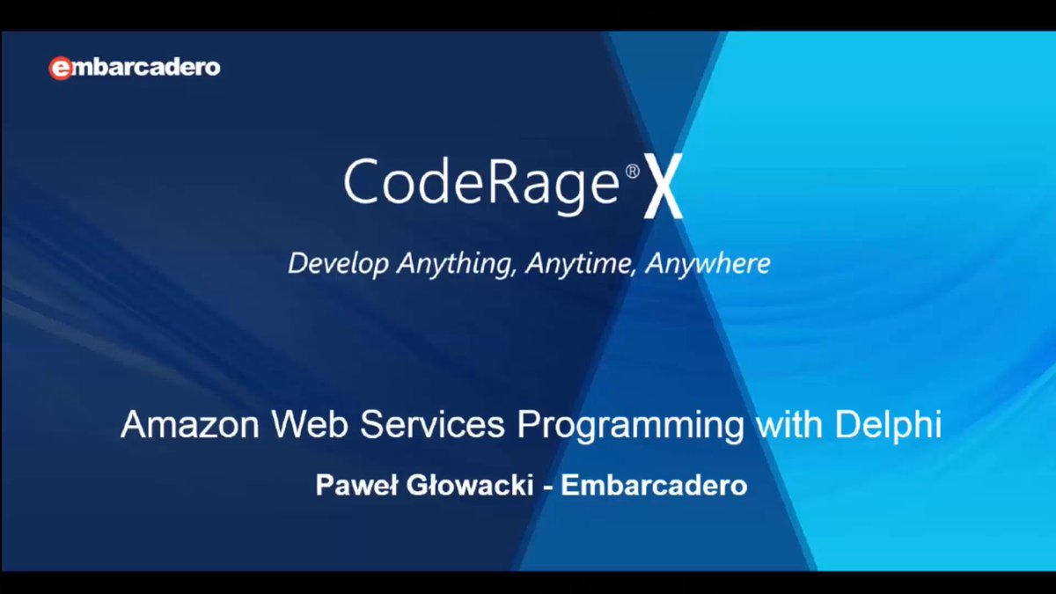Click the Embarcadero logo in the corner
point(134,68)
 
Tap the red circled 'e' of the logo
point(60,69)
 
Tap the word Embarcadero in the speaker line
point(654,485)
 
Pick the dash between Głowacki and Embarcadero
point(547,486)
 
